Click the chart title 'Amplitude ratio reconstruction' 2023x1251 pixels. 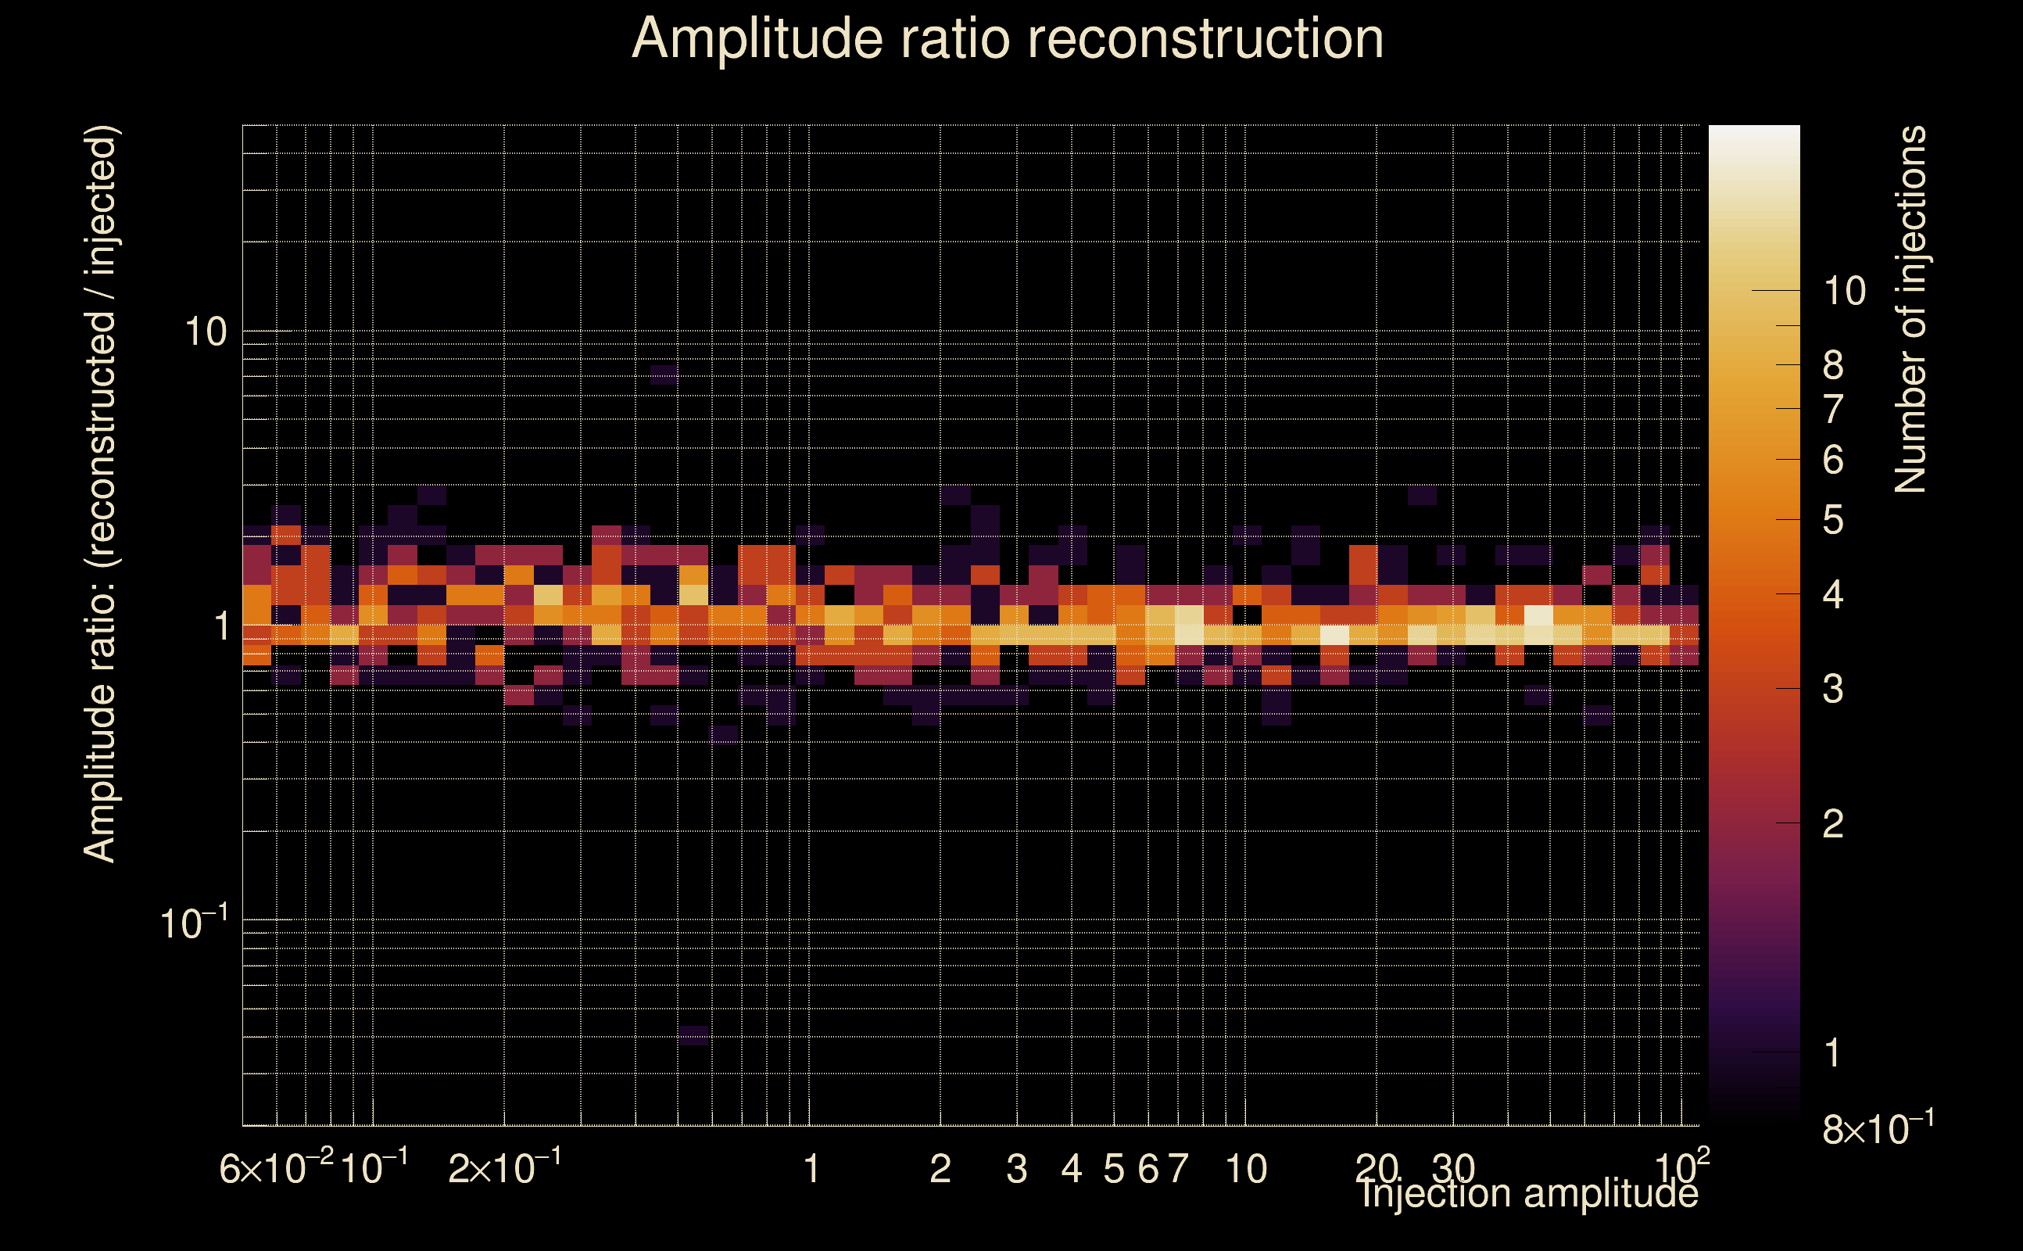1008,40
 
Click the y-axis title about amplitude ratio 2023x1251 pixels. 101,494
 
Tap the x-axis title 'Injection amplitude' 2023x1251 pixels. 1529,1193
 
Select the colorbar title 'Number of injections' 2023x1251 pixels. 1910,310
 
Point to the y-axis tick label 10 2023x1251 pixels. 205,332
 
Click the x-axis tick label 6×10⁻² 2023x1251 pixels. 276,1169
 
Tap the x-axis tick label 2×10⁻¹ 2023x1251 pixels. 504,1169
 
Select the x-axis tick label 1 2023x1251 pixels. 811,1169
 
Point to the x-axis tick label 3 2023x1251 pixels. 1016,1169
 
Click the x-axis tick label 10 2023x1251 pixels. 1245,1169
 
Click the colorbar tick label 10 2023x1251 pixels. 1844,291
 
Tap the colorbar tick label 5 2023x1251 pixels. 1833,521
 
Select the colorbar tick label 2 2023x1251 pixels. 1833,824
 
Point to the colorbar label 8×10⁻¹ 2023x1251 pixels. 1878,1128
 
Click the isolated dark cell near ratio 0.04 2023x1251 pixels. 693,1035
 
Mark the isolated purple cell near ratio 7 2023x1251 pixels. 664,375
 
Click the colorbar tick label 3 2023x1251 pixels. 1833,688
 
